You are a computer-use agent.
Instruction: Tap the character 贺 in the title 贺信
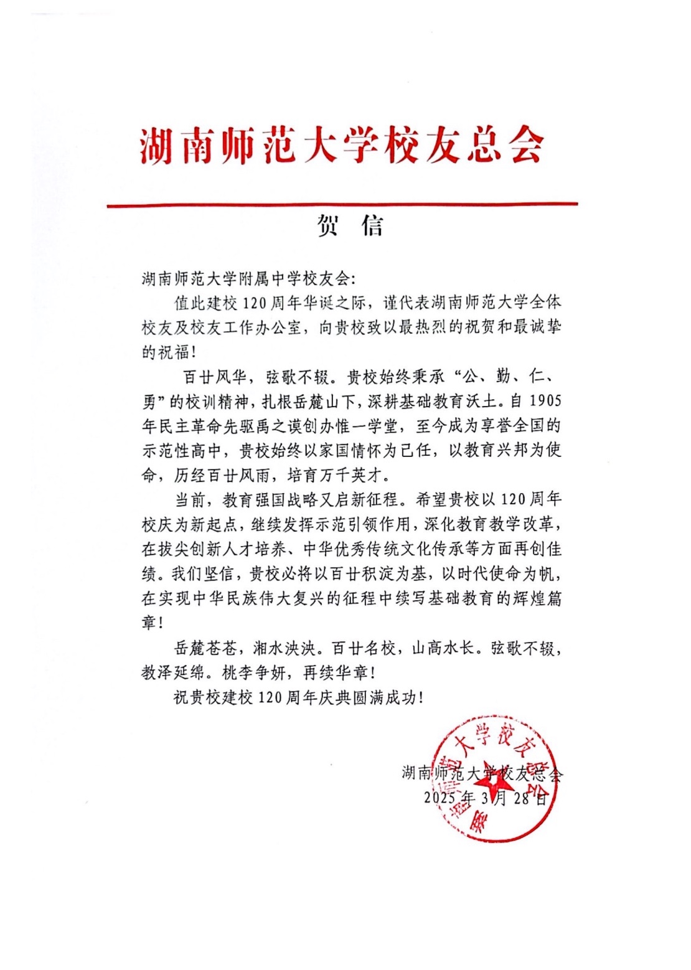328,227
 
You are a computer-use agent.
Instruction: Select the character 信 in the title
372,227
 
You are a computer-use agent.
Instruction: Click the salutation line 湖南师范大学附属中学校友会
246,278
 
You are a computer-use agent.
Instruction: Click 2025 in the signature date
440,798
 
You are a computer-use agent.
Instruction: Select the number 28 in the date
522,798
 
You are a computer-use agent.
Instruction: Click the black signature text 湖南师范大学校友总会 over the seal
482,774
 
